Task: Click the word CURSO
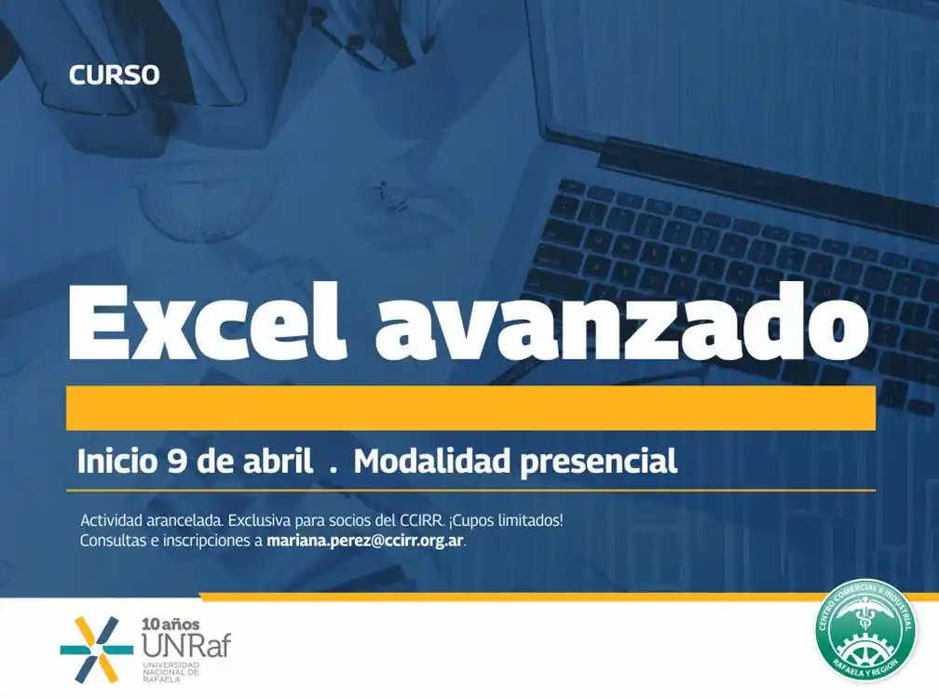(114, 75)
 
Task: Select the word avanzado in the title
(621, 323)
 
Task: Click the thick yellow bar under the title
(470, 408)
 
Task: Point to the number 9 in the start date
(177, 462)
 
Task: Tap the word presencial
(599, 463)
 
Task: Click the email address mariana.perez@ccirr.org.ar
(365, 541)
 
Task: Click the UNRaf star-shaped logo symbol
(97, 650)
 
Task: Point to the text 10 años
(170, 624)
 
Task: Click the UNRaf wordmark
(186, 645)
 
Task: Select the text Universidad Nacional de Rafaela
(170, 672)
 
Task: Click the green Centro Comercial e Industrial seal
(866, 630)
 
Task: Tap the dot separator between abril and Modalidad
(333, 470)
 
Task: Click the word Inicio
(117, 462)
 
